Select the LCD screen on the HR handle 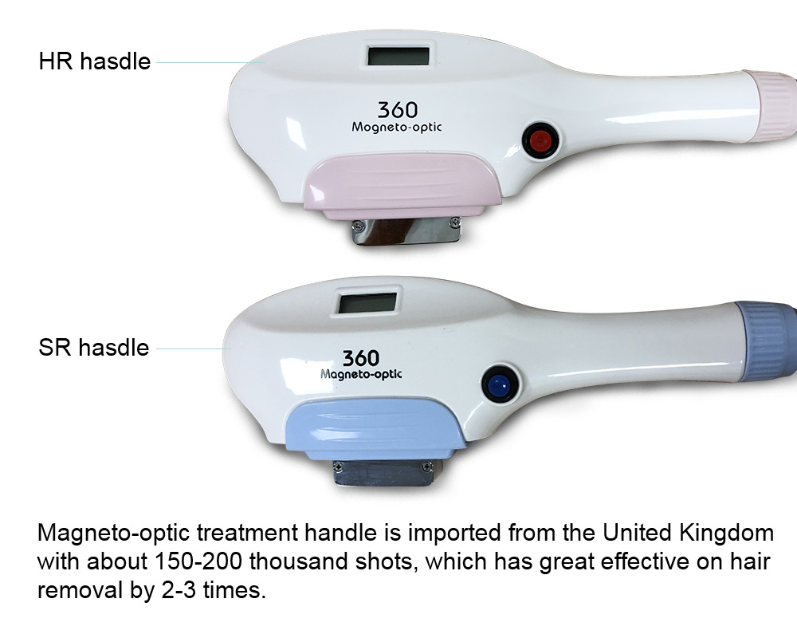pos(398,55)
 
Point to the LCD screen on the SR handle pos(367,303)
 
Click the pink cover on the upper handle pos(402,186)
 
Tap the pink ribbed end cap pos(778,107)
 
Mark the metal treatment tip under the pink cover pos(406,231)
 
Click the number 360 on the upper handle pos(398,110)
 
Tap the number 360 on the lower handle pos(361,358)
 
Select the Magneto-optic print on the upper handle pos(396,127)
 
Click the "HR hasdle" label pos(95,61)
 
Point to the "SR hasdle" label pos(94,348)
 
